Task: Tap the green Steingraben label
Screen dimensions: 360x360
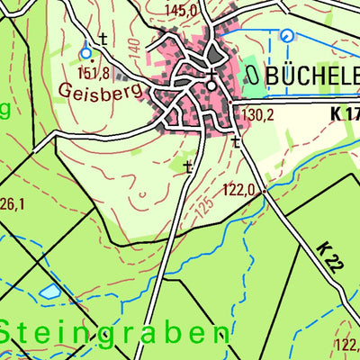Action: (x=113, y=332)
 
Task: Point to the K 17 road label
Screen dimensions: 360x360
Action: (x=345, y=114)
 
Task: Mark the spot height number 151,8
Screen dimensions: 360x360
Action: (x=94, y=73)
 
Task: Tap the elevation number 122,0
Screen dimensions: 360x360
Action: (x=241, y=190)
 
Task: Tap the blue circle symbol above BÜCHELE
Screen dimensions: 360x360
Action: (x=286, y=37)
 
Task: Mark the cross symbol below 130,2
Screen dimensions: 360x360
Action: (x=236, y=142)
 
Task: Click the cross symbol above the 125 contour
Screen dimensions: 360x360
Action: (x=187, y=166)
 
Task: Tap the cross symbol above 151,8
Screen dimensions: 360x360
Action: (x=103, y=39)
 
